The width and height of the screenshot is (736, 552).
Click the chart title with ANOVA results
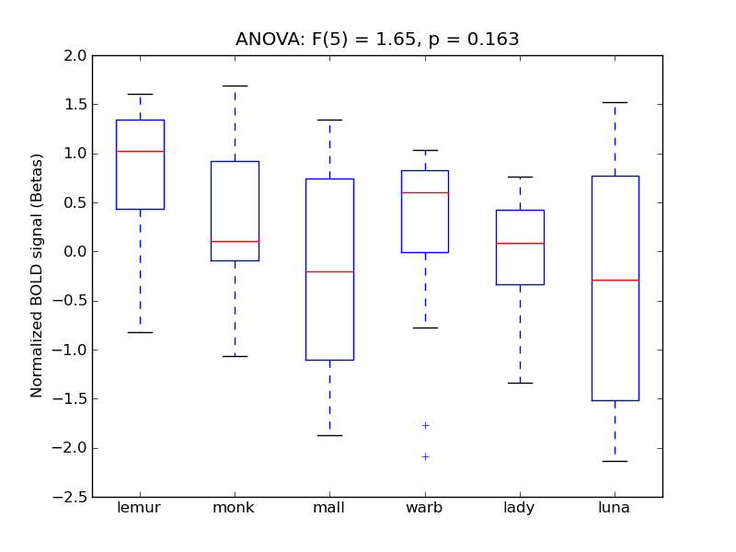377,40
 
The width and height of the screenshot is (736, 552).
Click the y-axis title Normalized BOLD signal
37,276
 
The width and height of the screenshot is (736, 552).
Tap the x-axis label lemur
140,508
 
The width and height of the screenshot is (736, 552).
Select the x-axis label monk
235,508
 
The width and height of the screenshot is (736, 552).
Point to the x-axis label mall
329,508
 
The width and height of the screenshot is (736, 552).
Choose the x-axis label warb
424,508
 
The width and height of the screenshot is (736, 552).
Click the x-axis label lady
519,508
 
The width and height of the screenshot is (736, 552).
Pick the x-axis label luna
614,508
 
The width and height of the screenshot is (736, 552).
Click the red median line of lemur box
140,151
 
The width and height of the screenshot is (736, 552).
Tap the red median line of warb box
424,192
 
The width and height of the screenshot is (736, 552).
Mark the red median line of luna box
615,280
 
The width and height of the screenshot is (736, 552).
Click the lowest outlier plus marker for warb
425,456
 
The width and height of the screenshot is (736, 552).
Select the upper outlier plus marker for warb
425,425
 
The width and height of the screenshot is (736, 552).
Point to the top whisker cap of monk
235,86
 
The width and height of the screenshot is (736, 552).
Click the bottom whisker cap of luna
615,461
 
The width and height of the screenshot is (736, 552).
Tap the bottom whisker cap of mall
329,435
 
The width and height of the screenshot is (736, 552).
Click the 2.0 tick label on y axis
75,55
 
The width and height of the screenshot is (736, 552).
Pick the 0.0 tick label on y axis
75,251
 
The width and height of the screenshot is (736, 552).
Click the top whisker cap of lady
520,177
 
